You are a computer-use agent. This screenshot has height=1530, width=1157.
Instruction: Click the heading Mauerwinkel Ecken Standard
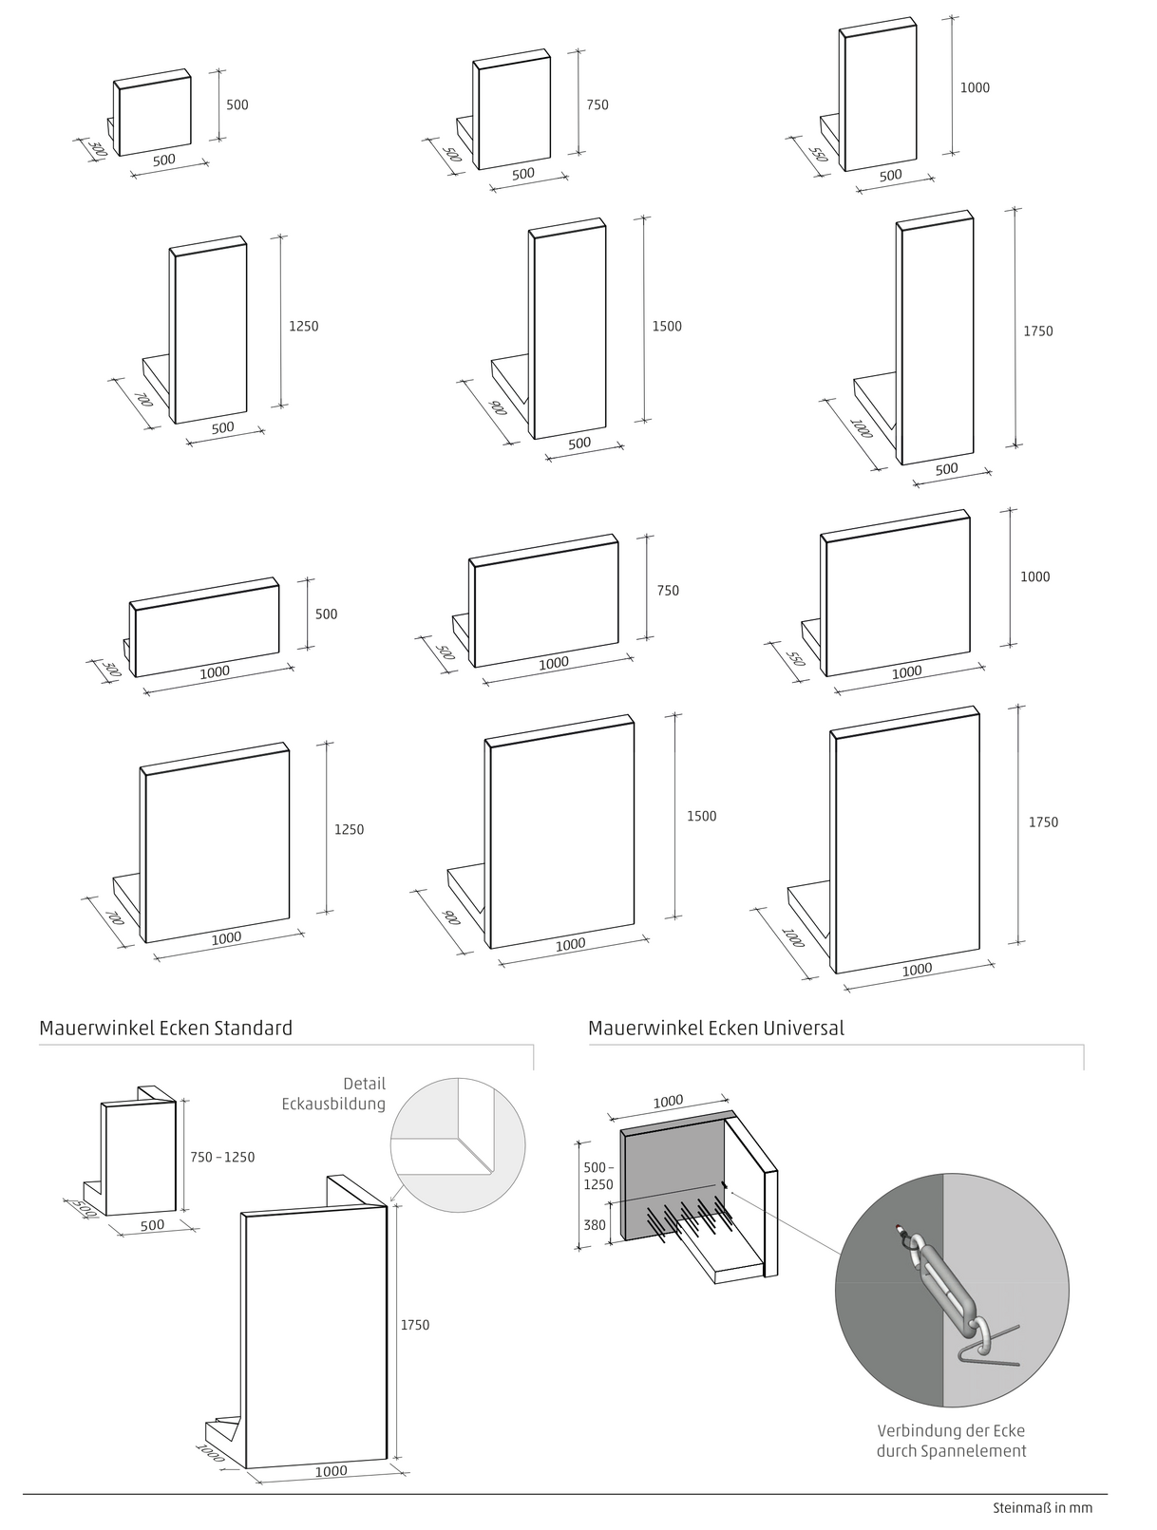(x=165, y=1028)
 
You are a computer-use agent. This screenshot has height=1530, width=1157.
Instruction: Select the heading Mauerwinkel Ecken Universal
(x=715, y=1028)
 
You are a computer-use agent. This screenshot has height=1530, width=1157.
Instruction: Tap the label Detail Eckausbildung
(x=333, y=1093)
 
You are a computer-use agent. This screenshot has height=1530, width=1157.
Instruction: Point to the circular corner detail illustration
(x=458, y=1144)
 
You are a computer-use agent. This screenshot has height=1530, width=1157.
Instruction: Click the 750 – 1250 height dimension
(x=222, y=1157)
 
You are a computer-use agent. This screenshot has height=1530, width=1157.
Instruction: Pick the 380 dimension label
(x=595, y=1225)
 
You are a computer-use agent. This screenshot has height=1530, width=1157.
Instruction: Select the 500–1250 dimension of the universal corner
(x=598, y=1176)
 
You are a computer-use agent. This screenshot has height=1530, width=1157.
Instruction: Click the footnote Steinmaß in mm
(x=1042, y=1507)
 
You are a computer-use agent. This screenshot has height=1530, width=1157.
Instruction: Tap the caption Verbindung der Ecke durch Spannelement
(x=951, y=1441)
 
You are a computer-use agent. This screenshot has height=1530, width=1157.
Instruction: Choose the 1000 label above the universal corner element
(x=668, y=1102)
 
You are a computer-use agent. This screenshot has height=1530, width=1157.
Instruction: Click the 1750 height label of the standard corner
(x=415, y=1325)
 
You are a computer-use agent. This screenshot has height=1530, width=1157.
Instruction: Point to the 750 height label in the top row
(x=597, y=105)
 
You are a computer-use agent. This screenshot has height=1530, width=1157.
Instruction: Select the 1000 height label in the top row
(x=975, y=87)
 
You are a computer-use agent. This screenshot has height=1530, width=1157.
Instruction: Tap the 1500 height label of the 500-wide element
(x=667, y=326)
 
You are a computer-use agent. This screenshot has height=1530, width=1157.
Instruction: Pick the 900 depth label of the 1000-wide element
(x=450, y=918)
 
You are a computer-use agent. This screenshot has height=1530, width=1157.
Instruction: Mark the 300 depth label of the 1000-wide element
(x=111, y=668)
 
